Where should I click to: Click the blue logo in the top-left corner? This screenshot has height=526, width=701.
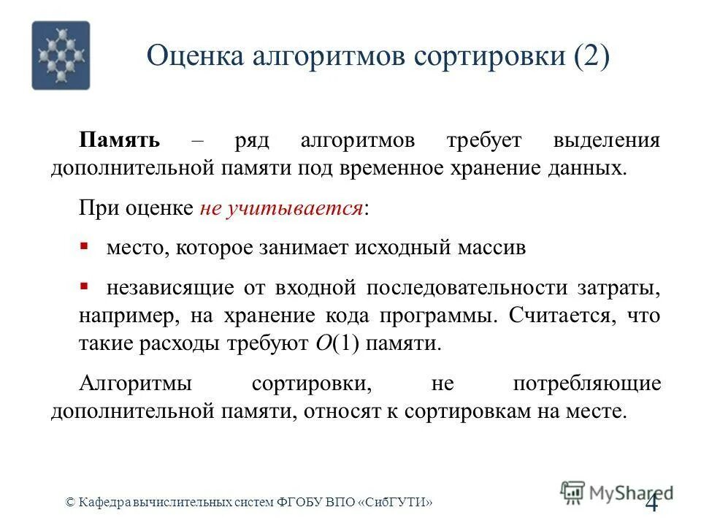61,56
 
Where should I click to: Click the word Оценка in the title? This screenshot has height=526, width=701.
198,56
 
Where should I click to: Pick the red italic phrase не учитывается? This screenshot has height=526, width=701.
281,209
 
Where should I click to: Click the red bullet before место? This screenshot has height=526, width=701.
84,247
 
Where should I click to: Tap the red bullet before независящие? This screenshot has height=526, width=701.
84,286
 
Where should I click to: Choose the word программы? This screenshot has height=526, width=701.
434,316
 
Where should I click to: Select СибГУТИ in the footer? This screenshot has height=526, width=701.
399,503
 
